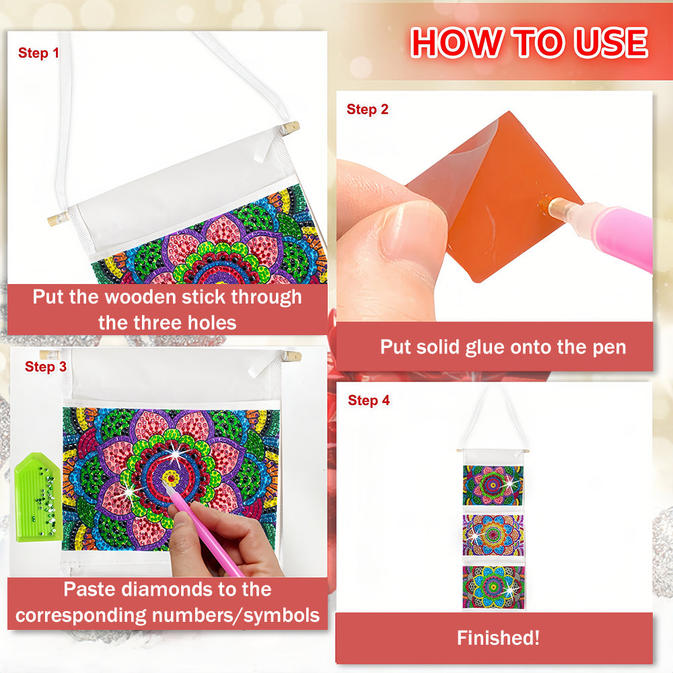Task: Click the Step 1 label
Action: [38, 52]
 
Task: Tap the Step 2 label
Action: [367, 110]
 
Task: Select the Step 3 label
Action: [46, 367]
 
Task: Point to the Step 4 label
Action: [369, 400]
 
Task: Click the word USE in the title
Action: [611, 42]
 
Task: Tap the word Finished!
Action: [498, 638]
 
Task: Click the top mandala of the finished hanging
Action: [493, 485]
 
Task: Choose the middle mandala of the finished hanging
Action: [493, 535]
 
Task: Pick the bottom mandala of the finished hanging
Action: [493, 586]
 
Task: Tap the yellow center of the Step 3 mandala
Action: [171, 478]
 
